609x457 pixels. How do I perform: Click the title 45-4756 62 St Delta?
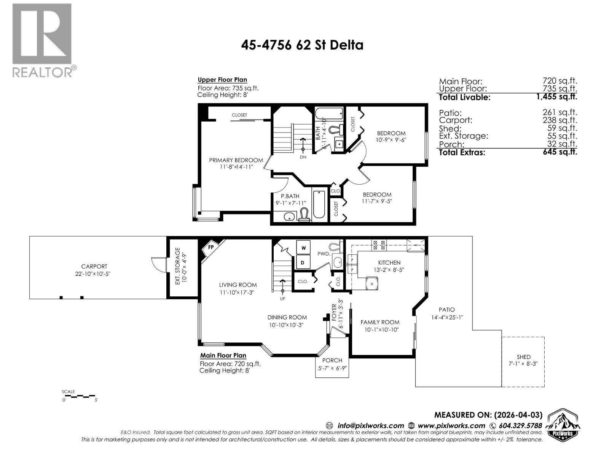pyautogui.click(x=302, y=45)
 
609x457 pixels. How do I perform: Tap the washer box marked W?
pyautogui.click(x=303, y=248)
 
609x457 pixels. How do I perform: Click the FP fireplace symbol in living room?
pyautogui.click(x=210, y=247)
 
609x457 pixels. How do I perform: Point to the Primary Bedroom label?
pyautogui.click(x=236, y=160)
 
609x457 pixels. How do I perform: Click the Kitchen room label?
pyautogui.click(x=389, y=262)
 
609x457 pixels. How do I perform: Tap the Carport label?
pyautogui.click(x=94, y=267)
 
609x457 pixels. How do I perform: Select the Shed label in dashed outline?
pyautogui.click(x=523, y=357)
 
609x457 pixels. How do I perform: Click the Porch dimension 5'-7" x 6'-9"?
pyautogui.click(x=332, y=368)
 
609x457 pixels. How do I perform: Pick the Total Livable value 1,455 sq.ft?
pyautogui.click(x=556, y=97)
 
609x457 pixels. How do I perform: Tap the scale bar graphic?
pyautogui.click(x=80, y=396)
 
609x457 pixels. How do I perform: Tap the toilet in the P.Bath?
pyautogui.click(x=304, y=214)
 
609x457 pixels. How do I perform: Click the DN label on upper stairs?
pyautogui.click(x=303, y=157)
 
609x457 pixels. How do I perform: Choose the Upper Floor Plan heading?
pyautogui.click(x=222, y=80)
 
